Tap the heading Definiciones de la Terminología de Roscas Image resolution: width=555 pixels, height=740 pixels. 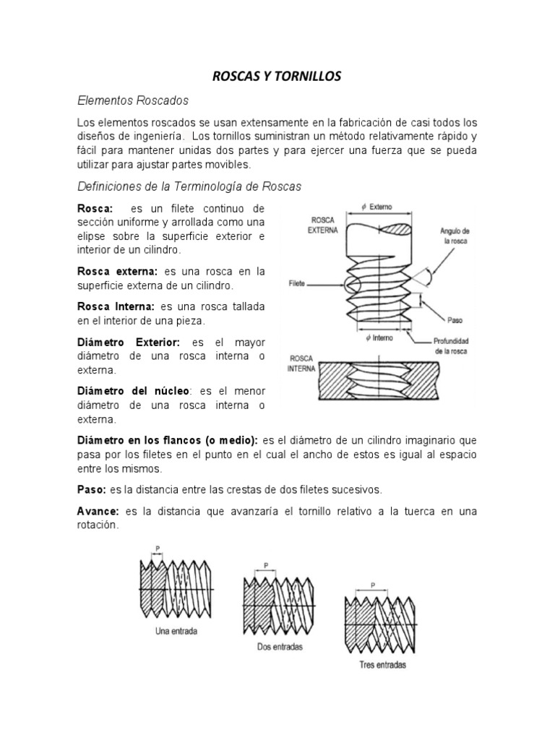[189, 186]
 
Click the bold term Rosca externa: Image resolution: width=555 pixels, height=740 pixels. [118, 271]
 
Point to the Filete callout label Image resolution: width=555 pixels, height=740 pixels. [296, 283]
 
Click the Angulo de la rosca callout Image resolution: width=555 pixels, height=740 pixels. [455, 236]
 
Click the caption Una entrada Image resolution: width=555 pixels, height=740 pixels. [176, 630]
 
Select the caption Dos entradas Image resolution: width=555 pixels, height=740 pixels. [280, 647]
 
